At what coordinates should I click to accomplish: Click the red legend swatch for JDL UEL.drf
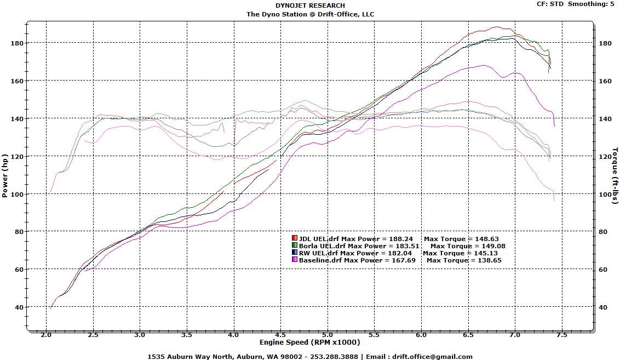click(x=294, y=238)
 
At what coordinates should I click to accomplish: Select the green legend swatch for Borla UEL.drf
click(x=294, y=245)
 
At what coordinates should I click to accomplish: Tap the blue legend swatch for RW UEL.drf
click(x=294, y=253)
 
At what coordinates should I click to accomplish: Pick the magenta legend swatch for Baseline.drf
click(x=294, y=260)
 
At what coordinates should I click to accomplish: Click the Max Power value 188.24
click(x=400, y=238)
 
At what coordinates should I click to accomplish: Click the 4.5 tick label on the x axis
click(x=280, y=335)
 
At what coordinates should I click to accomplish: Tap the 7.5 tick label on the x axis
click(x=561, y=335)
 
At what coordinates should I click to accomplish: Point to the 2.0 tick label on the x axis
click(x=46, y=335)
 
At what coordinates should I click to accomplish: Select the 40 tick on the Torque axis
click(x=603, y=307)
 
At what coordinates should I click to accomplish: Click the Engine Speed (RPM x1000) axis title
click(x=309, y=342)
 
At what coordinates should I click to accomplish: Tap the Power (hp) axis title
click(x=5, y=176)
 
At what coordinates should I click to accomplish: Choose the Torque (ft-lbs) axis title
click(x=615, y=176)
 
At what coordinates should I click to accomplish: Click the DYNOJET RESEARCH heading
click(x=310, y=5)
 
